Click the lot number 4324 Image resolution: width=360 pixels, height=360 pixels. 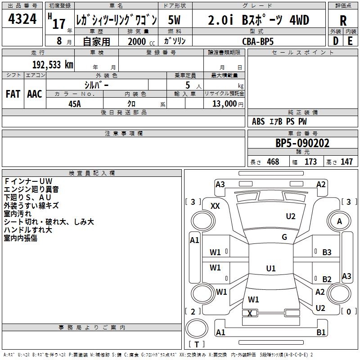click(23, 20)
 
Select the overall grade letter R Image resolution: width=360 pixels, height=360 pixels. click(343, 20)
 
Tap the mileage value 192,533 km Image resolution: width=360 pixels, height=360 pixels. click(53, 64)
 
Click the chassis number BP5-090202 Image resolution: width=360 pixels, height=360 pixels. click(302, 144)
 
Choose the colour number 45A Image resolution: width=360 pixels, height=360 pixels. click(75, 103)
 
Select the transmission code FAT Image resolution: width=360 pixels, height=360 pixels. click(13, 94)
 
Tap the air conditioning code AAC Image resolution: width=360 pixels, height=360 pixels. click(35, 94)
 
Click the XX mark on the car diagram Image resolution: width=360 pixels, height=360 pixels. click(216, 206)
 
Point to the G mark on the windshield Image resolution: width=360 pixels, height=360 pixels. click(284, 237)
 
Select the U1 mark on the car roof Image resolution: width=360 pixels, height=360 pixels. click(270, 269)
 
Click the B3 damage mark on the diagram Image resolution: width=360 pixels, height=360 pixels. click(327, 252)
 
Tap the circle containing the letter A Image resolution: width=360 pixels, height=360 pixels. click(339, 221)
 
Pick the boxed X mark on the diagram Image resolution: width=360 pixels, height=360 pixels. click(250, 313)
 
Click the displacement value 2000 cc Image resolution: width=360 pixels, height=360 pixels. click(139, 41)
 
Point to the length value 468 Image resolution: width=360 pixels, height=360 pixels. click(273, 162)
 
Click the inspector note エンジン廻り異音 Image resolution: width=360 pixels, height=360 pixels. click(31, 189)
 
